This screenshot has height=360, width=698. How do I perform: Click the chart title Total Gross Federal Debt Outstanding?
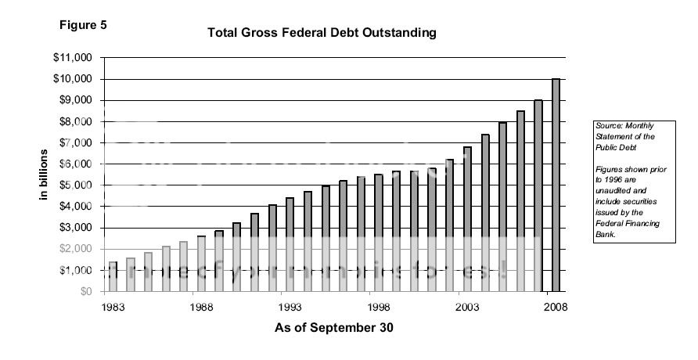pyautogui.click(x=321, y=34)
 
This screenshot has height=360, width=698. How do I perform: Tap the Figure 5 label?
pyautogui.click(x=83, y=24)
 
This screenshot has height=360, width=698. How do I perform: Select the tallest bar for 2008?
pyautogui.click(x=556, y=185)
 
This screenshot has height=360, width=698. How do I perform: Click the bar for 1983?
pyautogui.click(x=112, y=276)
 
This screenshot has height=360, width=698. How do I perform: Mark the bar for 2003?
pyautogui.click(x=467, y=218)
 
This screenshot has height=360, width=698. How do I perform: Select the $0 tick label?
pyautogui.click(x=85, y=291)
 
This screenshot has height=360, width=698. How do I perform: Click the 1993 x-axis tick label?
pyautogui.click(x=290, y=307)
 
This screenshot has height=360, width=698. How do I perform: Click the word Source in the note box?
pyautogui.click(x=607, y=126)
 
